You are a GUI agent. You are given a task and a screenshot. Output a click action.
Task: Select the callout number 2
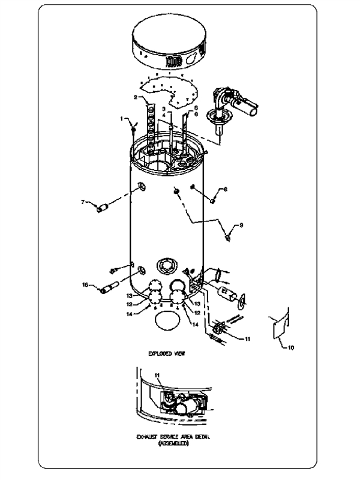[137, 97]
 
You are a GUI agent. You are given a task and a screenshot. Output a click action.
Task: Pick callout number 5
[196, 108]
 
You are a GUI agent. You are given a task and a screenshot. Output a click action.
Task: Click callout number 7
[83, 202]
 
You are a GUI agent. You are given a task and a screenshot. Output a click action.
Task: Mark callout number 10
[292, 347]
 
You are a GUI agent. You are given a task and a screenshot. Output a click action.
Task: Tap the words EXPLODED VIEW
[167, 354]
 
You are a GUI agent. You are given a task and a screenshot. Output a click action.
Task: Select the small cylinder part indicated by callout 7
[103, 208]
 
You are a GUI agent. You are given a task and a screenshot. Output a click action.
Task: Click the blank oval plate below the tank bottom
[167, 321]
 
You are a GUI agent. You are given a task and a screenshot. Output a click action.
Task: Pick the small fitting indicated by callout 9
[229, 238]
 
